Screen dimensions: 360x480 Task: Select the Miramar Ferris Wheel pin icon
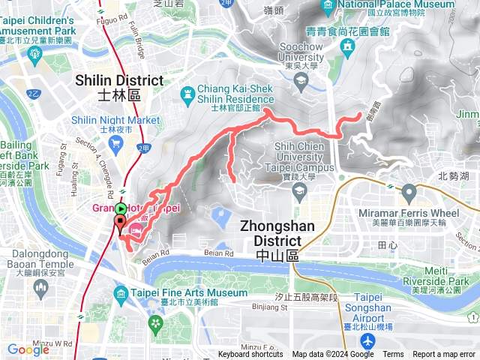tap(409, 193)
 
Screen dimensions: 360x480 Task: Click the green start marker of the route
tap(121, 208)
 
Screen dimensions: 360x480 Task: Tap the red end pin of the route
tap(120, 223)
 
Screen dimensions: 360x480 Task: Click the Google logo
tap(28, 349)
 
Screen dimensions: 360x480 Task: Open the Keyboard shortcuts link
tap(250, 355)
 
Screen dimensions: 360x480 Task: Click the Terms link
tap(393, 355)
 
